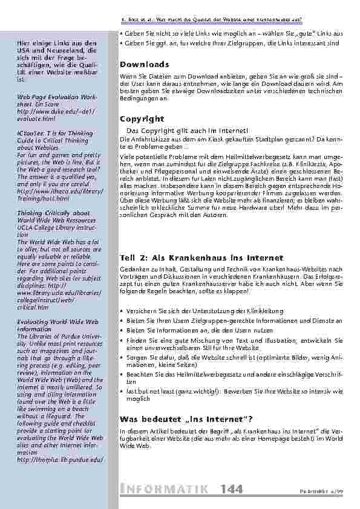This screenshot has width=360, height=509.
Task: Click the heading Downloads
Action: pyautogui.click(x=145, y=65)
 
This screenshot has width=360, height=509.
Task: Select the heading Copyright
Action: pyautogui.click(x=142, y=119)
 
